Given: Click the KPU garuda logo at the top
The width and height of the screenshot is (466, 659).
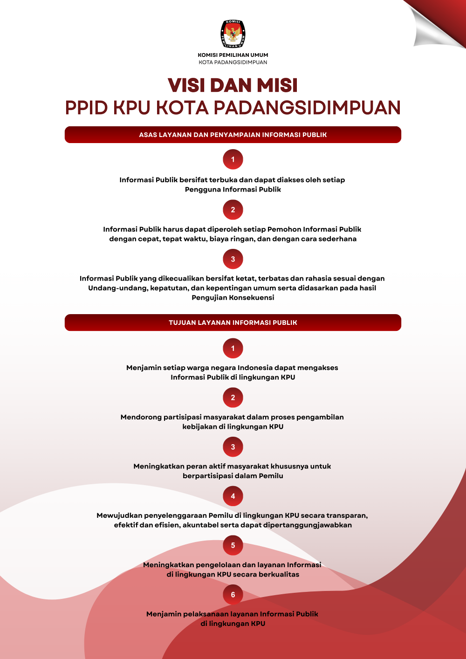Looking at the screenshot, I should coord(233,34).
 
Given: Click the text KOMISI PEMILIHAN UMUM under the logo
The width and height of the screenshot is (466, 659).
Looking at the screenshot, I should coord(233,55).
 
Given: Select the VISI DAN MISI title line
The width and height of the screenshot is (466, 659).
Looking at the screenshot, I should coord(233,85).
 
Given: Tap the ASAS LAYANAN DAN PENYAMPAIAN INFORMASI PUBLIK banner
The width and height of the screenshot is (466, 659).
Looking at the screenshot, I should coord(233,135).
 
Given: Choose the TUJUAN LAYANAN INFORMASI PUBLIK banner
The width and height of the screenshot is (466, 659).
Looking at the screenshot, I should coord(233,323).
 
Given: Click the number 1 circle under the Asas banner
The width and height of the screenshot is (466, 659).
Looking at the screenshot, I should coord(233,159).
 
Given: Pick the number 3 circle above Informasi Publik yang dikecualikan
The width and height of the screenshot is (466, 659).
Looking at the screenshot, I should coord(233,259).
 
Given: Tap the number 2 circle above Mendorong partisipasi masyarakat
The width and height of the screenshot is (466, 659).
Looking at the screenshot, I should coord(233,398).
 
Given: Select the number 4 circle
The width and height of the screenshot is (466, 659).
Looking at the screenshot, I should coord(233,496).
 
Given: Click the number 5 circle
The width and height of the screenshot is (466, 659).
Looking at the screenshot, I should coord(233,545).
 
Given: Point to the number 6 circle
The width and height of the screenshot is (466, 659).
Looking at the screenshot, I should coord(233,595).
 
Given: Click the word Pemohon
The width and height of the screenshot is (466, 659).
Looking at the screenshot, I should coord(284,229).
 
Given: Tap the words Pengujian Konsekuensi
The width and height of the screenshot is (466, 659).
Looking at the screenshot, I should coord(233,298).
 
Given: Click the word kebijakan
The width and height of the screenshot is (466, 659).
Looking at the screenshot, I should coord(199,427).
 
